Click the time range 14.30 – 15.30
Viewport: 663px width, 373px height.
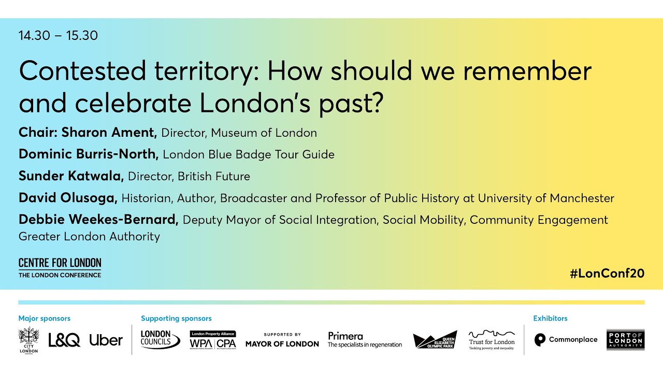tap(58, 36)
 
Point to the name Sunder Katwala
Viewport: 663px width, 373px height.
tap(71, 176)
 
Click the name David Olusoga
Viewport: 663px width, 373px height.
tap(68, 198)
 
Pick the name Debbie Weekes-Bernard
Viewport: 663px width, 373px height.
tap(98, 220)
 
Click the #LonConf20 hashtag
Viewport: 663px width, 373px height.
tap(607, 274)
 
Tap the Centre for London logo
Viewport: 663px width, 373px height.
tap(60, 267)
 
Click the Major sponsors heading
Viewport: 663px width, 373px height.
tap(44, 319)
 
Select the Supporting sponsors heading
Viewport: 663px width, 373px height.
tap(176, 319)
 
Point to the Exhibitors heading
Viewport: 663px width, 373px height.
tap(550, 319)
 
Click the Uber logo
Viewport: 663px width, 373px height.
tap(106, 340)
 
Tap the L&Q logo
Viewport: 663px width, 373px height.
tap(64, 340)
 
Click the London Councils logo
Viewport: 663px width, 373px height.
tap(160, 340)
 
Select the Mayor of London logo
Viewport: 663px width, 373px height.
tap(282, 340)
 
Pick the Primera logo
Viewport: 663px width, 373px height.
tap(365, 340)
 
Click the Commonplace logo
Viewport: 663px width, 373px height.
tap(566, 340)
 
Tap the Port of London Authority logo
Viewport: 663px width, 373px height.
tap(625, 340)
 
